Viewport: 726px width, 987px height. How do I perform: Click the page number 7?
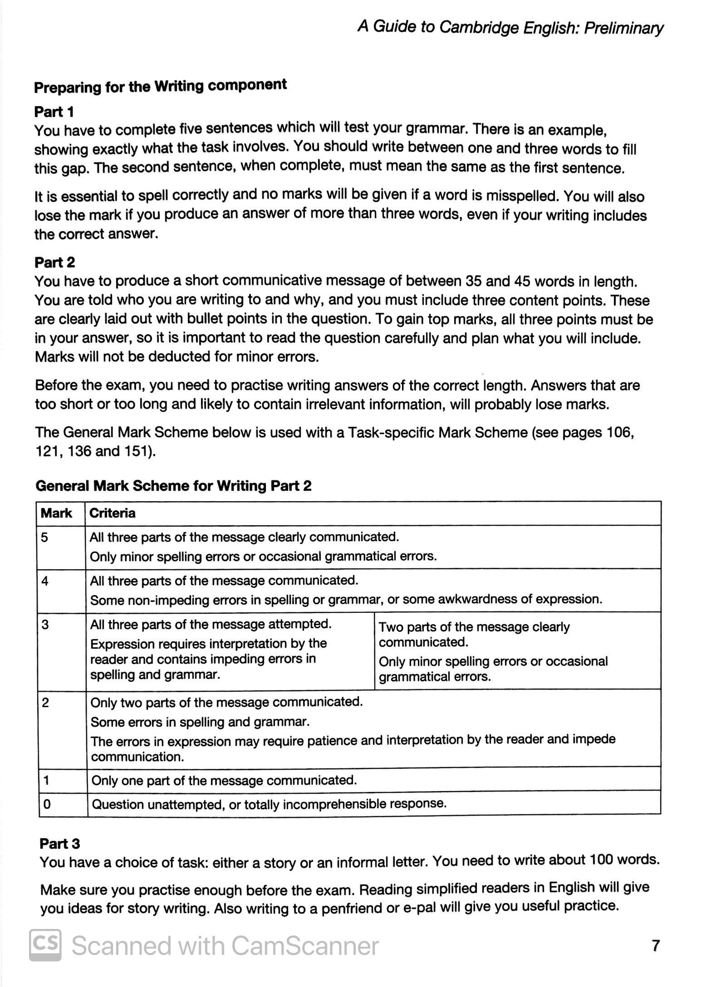coord(655,945)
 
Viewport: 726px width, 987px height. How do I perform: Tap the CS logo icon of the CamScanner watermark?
coord(45,945)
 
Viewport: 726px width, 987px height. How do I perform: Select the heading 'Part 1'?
coord(54,112)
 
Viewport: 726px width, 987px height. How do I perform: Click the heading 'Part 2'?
coord(55,262)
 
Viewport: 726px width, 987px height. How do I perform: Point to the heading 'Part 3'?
coord(60,843)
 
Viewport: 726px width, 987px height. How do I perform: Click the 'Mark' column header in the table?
coord(56,513)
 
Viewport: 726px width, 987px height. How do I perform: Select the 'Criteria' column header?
coord(112,513)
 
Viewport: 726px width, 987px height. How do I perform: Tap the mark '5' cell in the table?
coord(44,537)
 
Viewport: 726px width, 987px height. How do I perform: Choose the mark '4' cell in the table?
coord(44,581)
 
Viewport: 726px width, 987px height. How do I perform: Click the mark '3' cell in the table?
coord(45,625)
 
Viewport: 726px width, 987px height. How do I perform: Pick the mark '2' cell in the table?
coord(45,703)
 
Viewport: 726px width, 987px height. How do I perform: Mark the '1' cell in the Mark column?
coord(46,780)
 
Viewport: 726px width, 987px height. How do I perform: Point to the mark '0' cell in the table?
coord(46,804)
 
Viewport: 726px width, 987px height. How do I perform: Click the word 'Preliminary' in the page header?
coord(623,28)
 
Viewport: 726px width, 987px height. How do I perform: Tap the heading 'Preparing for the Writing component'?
coord(161,86)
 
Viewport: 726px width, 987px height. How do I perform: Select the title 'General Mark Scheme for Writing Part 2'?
coord(174,486)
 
